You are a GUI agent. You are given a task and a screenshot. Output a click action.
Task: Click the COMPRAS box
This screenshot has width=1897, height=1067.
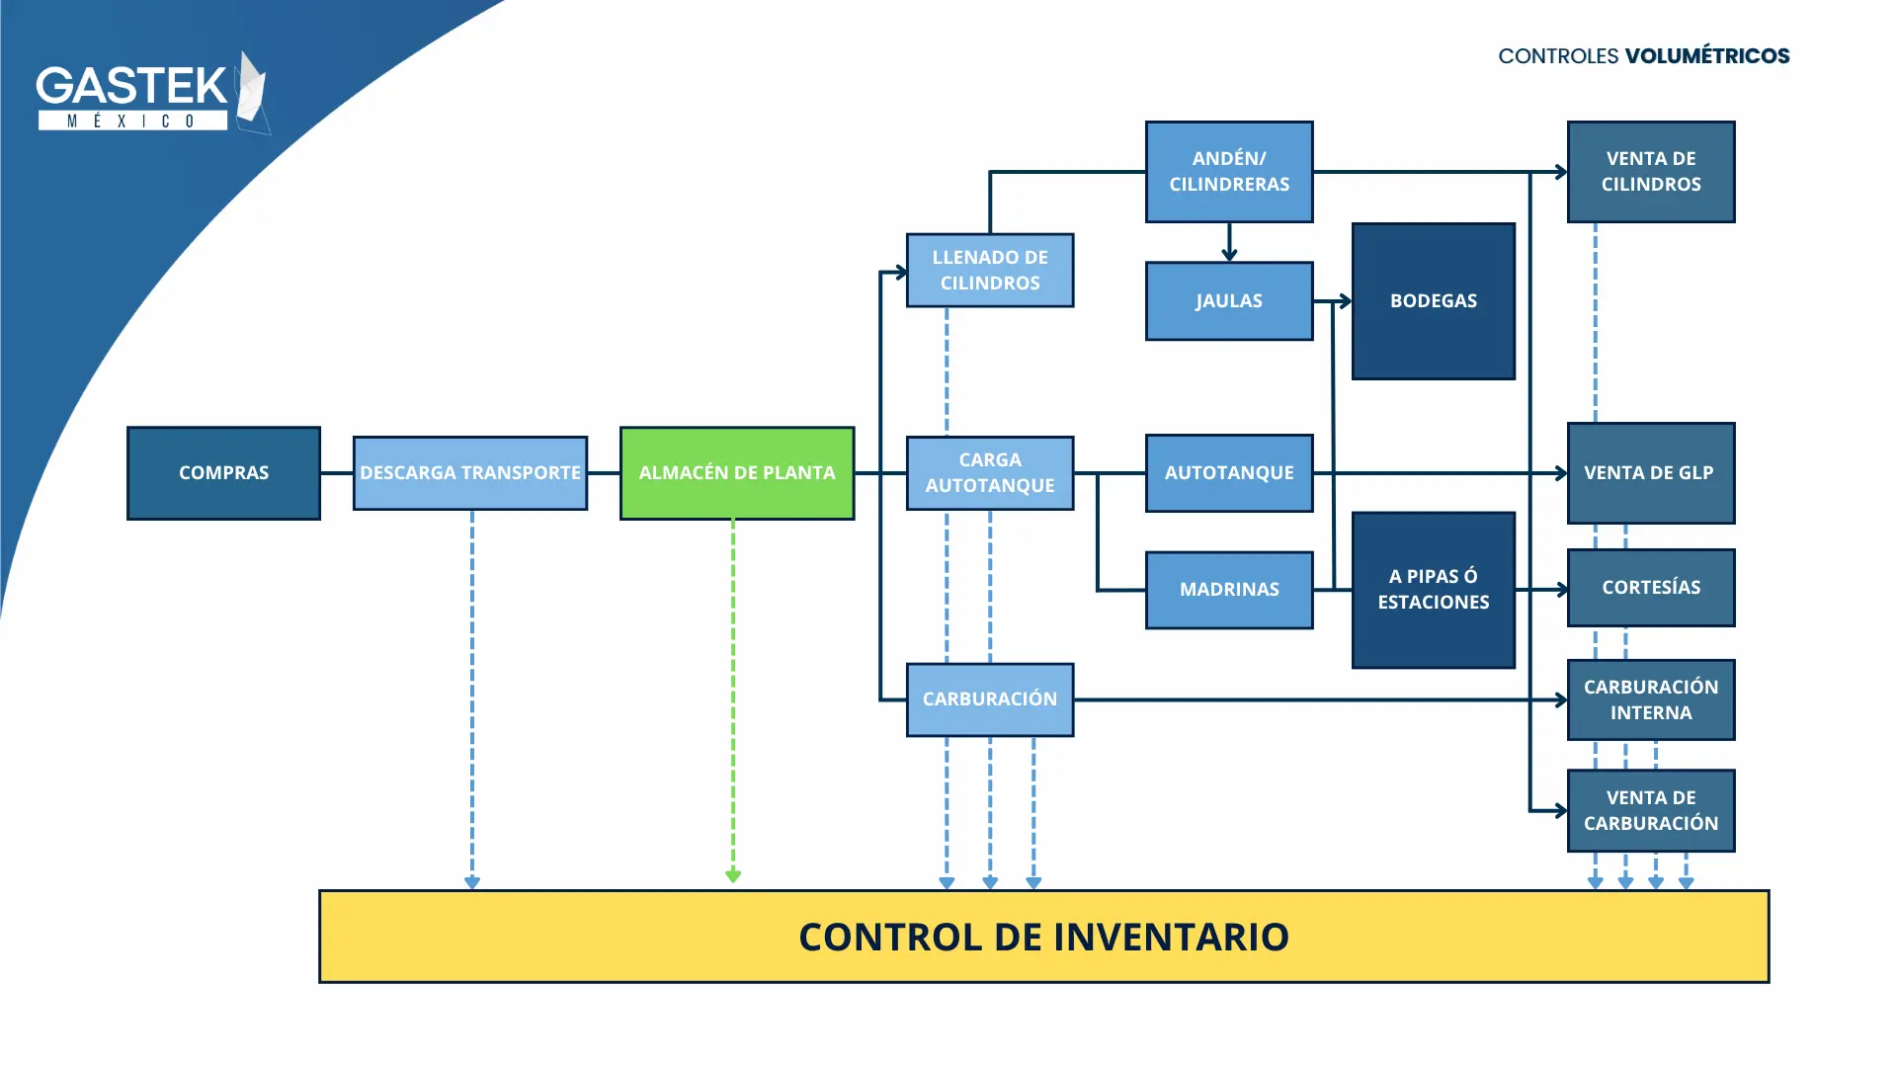[x=223, y=473]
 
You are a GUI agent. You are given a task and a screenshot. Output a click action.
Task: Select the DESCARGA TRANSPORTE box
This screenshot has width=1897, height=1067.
[x=470, y=473]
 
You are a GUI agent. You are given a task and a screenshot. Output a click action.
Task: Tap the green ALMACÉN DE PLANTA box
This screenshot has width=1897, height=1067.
[x=737, y=473]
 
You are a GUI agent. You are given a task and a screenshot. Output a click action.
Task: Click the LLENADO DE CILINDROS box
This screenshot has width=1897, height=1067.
[x=990, y=271]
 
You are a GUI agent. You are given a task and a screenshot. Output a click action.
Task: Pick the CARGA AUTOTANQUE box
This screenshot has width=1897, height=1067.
[x=990, y=473]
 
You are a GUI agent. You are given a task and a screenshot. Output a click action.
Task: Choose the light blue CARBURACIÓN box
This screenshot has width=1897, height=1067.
[x=990, y=699]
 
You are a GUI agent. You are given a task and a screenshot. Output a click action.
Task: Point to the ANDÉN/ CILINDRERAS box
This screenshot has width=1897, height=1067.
[x=1229, y=172]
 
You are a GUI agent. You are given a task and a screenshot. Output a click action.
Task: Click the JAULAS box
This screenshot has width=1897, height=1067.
[x=1229, y=301]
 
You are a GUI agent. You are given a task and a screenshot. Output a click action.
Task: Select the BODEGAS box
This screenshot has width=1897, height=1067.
[x=1434, y=301]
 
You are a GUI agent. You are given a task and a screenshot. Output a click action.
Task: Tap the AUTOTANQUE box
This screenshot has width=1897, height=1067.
[x=1229, y=473]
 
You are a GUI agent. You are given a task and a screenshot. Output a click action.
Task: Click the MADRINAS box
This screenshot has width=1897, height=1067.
[x=1229, y=590]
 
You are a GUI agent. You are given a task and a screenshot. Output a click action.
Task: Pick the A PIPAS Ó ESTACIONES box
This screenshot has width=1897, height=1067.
[x=1434, y=590]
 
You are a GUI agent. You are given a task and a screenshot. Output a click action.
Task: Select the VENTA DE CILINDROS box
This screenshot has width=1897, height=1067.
[x=1651, y=172]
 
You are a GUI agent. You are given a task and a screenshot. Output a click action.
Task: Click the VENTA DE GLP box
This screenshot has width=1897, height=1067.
[x=1651, y=473]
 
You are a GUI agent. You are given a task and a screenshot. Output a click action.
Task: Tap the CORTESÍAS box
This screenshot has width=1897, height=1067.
[x=1651, y=588]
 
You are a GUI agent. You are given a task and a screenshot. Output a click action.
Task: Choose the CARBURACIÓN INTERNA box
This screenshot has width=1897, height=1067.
[x=1651, y=699]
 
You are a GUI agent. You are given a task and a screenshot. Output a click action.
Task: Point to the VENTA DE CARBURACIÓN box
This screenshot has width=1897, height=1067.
[x=1651, y=810]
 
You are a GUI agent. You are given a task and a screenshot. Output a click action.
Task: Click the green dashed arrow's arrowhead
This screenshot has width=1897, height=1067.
[x=733, y=875]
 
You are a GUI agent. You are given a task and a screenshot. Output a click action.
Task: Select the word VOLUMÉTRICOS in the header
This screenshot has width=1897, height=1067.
[x=1707, y=56]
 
